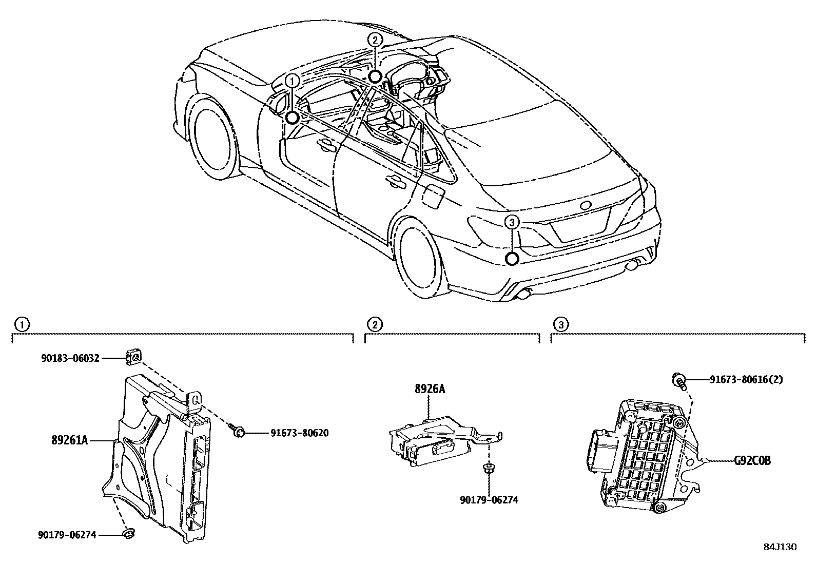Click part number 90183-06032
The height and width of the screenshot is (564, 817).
(70, 358)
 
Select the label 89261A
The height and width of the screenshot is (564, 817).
(69, 440)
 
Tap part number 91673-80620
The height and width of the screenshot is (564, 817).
(299, 433)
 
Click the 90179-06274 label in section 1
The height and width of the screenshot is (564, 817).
(67, 535)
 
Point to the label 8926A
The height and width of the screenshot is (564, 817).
(430, 389)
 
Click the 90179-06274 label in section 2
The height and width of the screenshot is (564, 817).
(489, 499)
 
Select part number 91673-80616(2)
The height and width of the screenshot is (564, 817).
(746, 380)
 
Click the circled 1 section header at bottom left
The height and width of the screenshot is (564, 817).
(21, 324)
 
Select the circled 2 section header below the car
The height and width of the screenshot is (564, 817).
(375, 324)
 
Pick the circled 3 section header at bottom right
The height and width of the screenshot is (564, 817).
(561, 324)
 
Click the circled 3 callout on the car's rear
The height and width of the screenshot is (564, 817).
(512, 222)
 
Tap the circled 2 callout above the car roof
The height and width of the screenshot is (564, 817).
(375, 40)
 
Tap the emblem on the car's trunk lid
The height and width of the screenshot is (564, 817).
(586, 205)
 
